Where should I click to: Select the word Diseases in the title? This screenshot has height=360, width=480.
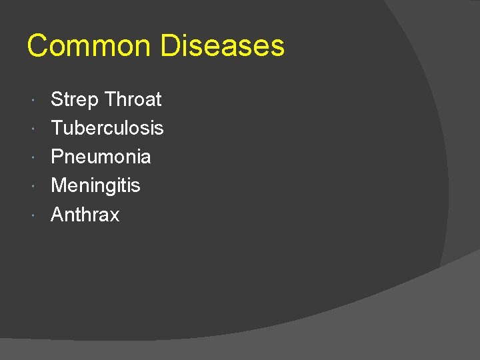click(223, 46)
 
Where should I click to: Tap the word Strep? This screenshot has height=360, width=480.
click(75, 100)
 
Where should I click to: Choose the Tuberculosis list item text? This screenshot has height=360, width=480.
click(107, 128)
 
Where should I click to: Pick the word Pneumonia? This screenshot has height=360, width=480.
click(101, 157)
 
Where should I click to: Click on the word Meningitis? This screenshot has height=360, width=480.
click(95, 185)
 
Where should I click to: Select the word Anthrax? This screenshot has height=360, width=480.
click(85, 215)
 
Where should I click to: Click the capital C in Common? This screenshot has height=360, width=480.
click(37, 46)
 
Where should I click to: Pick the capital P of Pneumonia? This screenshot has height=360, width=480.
click(57, 157)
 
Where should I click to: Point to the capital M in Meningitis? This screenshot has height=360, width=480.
click(59, 185)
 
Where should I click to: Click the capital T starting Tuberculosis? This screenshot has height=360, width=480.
click(57, 128)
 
